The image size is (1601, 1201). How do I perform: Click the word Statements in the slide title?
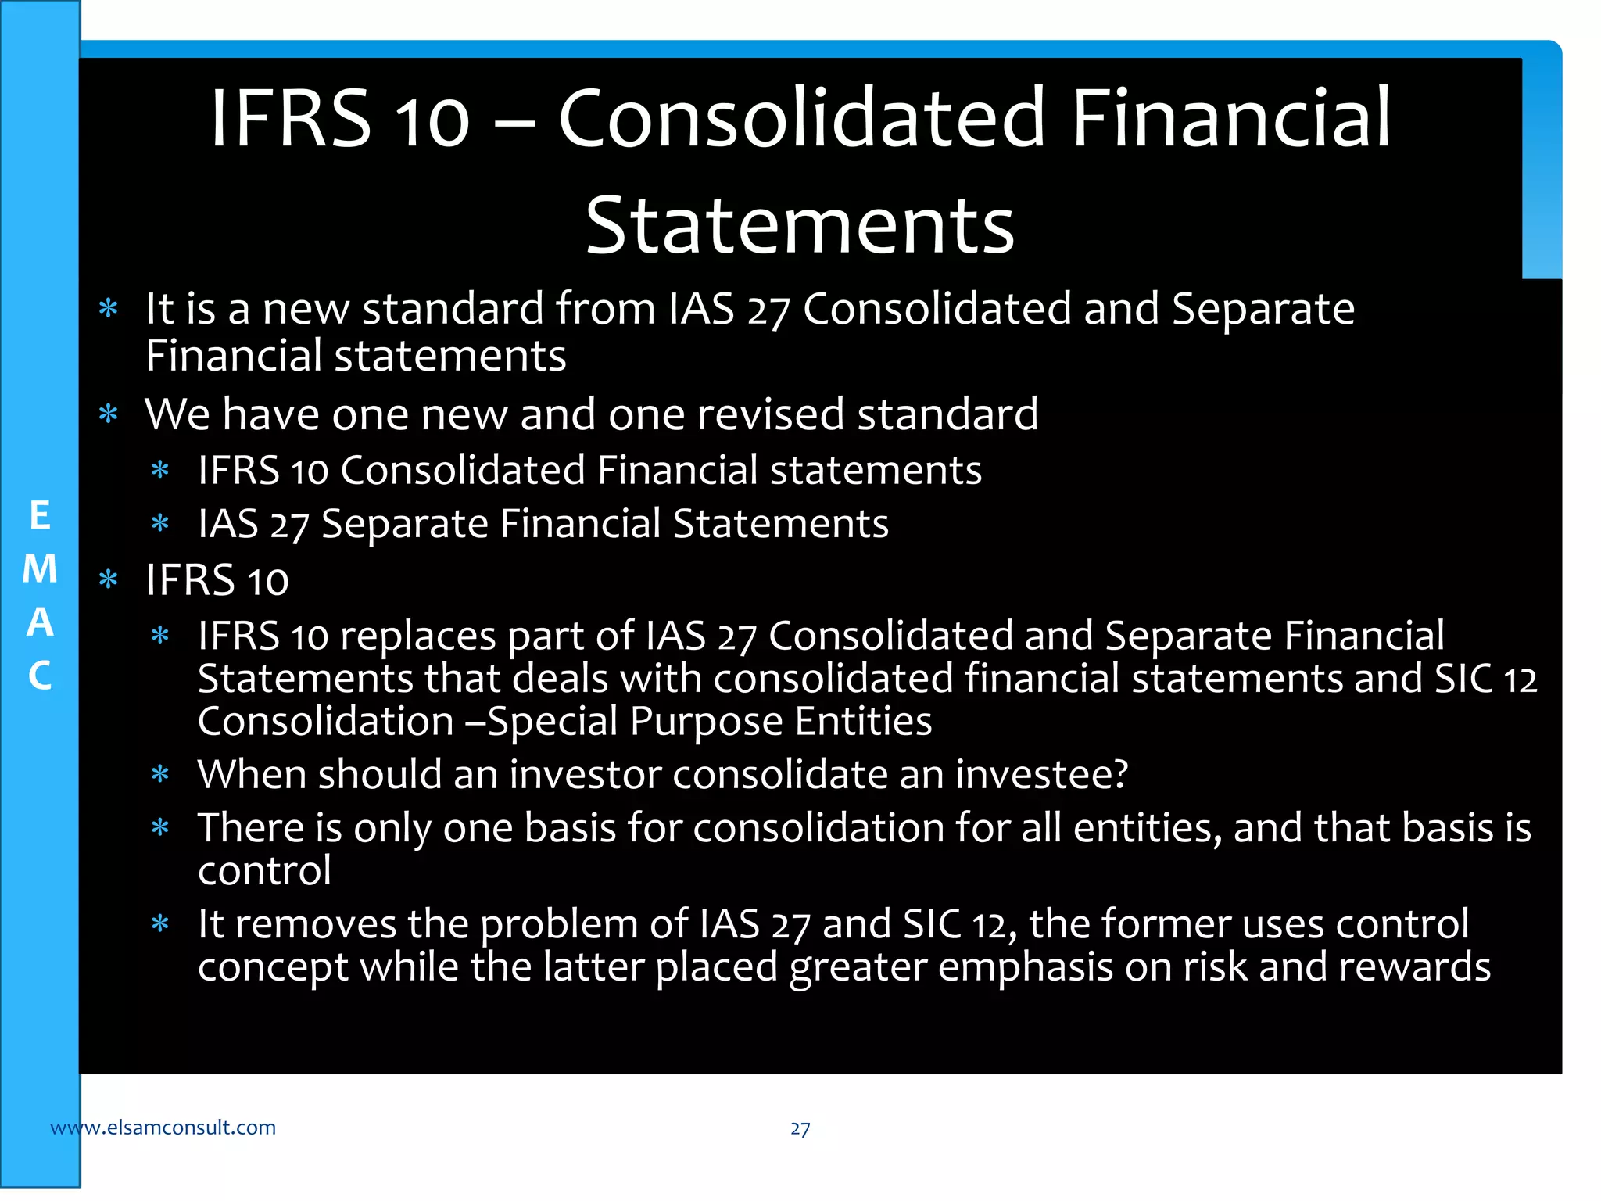(800, 226)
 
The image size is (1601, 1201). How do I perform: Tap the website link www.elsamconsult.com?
(163, 1128)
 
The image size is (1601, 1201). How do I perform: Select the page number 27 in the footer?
(800, 1128)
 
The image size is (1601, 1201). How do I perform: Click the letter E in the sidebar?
(40, 516)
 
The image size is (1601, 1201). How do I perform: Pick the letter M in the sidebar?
(40, 569)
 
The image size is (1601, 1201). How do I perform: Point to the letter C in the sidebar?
(40, 676)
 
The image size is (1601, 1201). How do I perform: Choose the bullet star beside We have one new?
(109, 414)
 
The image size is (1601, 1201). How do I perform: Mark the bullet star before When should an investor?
(160, 775)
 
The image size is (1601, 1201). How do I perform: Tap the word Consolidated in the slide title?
(802, 118)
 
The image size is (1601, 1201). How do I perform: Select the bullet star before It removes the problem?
(160, 924)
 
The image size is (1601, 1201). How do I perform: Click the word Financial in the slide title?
(1231, 118)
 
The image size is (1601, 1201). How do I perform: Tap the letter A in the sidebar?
(40, 622)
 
